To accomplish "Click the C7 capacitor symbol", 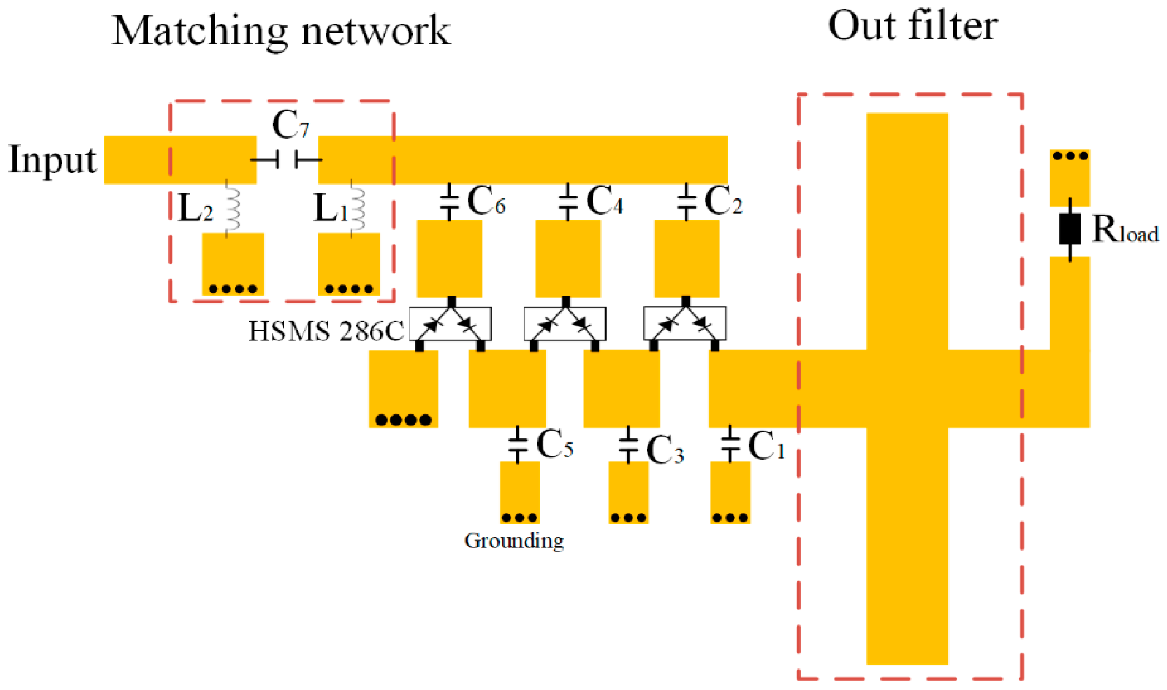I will pos(286,160).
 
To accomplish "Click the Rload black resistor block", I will pos(1069,228).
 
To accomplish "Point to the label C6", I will pos(486,201).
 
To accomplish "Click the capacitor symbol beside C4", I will pos(567,202).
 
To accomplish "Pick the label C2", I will pos(723,201).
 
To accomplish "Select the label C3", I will pos(665,450).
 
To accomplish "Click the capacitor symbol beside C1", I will pos(730,444).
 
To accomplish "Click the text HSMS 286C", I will pos(326,332).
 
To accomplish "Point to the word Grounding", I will pos(514,541).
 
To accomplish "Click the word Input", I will pos(53,160).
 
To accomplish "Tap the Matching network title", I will pos(281,31).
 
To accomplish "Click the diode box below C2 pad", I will pos(685,323).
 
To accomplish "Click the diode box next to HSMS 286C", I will pos(450,324).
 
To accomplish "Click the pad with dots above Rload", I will pos(1069,177).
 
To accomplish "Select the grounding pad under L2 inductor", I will pos(233,264).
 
